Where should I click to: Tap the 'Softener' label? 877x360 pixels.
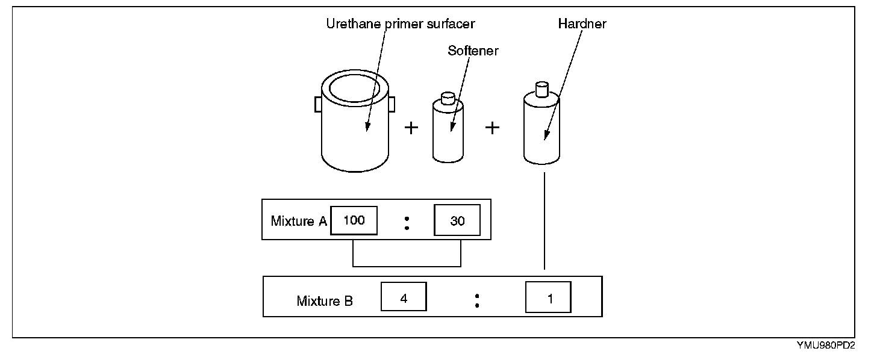point(473,51)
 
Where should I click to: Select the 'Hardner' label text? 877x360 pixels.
point(582,25)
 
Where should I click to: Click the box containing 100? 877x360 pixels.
point(354,220)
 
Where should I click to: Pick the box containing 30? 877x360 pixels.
point(458,221)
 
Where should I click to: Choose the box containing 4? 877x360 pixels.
point(404,297)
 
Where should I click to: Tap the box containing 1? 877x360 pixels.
point(549,297)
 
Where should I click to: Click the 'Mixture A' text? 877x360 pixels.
point(299,221)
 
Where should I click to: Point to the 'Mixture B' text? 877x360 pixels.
point(325,301)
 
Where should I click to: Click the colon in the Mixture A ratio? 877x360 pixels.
point(407,222)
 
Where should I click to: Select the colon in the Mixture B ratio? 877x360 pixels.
point(476,299)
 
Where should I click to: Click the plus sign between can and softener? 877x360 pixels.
point(411,128)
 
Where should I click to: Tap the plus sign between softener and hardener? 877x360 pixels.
point(493,128)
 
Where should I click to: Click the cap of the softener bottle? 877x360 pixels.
point(448,98)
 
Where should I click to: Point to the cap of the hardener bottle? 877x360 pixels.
point(542,88)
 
